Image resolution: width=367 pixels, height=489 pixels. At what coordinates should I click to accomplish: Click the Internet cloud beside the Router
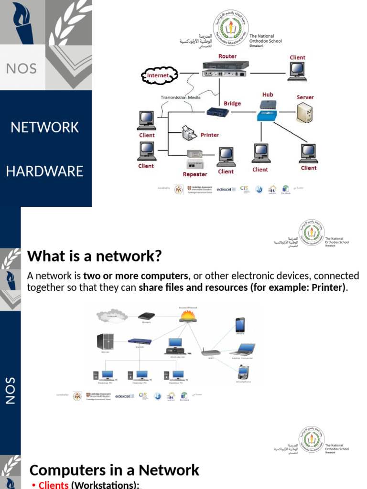tap(159, 75)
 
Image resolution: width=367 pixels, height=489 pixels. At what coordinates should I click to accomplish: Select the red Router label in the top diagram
tap(227, 56)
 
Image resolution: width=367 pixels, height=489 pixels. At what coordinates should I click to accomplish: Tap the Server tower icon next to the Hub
tap(304, 114)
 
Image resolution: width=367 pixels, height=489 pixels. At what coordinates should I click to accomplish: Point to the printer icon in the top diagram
tap(190, 133)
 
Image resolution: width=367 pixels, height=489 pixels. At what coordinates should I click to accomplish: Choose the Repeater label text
tap(195, 174)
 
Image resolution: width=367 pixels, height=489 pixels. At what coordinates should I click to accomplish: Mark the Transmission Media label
tap(180, 97)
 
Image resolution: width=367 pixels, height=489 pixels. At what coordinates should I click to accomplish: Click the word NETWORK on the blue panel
tap(44, 128)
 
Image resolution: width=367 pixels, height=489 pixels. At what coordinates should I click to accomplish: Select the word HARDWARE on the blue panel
tap(44, 171)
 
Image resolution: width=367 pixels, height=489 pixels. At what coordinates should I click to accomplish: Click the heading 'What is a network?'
tap(95, 256)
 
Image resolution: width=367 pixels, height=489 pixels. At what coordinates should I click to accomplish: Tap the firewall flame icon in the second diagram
tap(187, 316)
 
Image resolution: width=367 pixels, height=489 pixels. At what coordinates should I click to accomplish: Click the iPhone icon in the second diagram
tap(240, 325)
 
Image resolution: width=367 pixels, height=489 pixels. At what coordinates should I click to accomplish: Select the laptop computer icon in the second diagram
tap(247, 349)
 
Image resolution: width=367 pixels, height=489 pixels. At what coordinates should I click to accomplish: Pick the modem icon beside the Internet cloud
tap(146, 316)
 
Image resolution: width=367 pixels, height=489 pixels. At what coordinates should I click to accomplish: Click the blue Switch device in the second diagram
tap(139, 341)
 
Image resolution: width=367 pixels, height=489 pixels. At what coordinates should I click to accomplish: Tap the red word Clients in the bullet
tap(54, 485)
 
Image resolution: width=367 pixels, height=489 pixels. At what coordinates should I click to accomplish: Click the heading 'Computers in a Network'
tap(114, 470)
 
